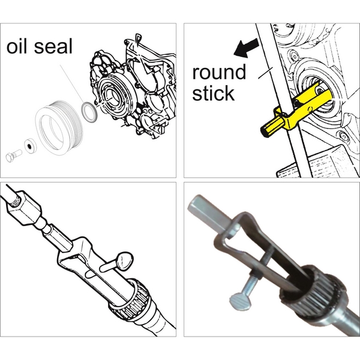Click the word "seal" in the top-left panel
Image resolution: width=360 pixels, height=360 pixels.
click(53, 46)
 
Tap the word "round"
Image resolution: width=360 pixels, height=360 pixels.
click(219, 72)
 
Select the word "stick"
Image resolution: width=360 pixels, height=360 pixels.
click(213, 93)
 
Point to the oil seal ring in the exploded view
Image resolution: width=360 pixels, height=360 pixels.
click(89, 112)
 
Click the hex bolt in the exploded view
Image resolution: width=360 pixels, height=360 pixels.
click(14, 154)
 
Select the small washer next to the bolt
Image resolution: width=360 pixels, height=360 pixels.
click(31, 146)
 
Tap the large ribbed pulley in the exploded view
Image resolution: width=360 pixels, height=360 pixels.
click(59, 128)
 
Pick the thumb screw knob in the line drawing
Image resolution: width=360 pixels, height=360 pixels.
click(124, 260)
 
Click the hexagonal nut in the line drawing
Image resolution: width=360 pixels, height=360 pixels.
click(24, 208)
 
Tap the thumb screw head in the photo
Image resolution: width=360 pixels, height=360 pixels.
click(240, 302)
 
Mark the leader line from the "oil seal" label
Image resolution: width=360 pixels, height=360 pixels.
click(73, 85)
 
